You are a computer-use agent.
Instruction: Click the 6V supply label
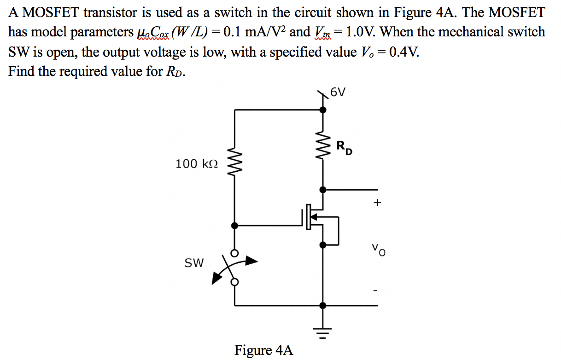[338, 93]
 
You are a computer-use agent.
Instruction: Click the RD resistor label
[344, 148]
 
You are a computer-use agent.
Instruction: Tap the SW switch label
[194, 263]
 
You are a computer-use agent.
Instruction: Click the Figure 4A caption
[263, 350]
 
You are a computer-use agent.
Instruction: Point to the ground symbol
[323, 331]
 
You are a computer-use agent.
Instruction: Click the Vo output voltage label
[379, 251]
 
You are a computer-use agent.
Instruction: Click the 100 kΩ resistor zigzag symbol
[235, 164]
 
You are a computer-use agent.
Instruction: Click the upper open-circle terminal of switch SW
[235, 254]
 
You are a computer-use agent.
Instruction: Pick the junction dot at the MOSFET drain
[323, 189]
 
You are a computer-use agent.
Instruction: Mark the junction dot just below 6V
[323, 110]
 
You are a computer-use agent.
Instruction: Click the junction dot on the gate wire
[235, 226]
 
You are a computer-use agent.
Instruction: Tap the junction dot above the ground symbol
[323, 305]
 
